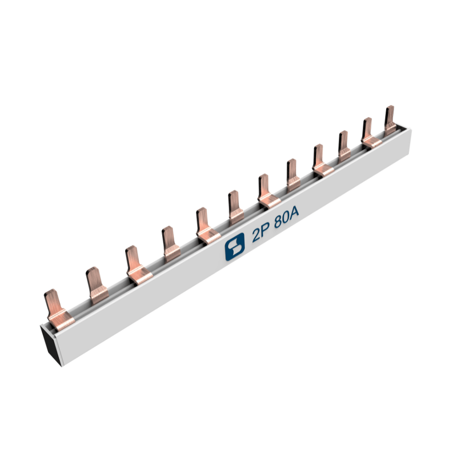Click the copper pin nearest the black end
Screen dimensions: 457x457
pos(58,309)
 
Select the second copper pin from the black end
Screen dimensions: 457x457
pos(97,286)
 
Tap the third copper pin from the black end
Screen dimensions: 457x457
pos(138,264)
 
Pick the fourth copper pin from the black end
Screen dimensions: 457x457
pos(171,244)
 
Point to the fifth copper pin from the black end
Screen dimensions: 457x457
pos(207,226)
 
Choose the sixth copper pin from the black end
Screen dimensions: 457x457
pos(236,207)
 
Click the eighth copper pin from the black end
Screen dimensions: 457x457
pos(293,175)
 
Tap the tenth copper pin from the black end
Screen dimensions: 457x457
pos(344,146)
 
